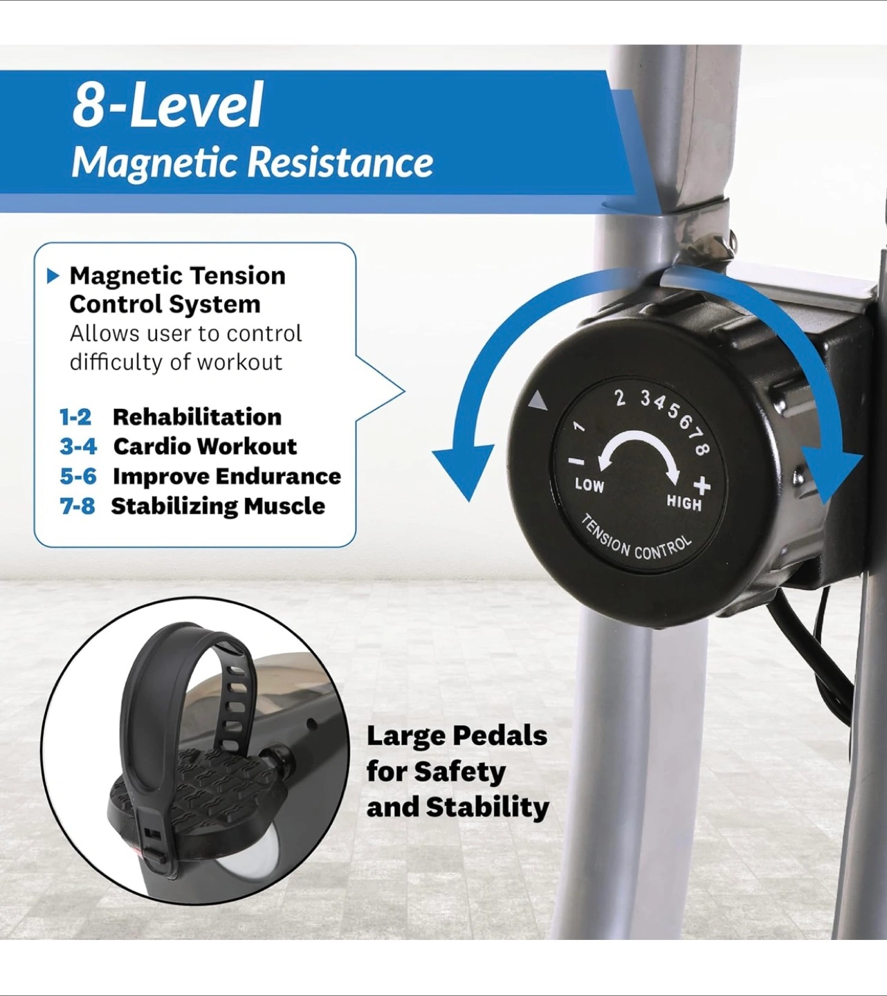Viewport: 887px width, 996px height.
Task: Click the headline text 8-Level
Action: [167, 104]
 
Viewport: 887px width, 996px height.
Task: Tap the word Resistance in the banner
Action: [340, 163]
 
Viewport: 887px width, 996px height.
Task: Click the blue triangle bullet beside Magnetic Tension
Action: [53, 276]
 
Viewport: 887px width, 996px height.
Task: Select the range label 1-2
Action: [75, 417]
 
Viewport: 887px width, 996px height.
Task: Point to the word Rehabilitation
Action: [197, 417]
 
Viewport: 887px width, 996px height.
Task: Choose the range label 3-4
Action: [78, 446]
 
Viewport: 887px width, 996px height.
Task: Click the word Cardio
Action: [153, 446]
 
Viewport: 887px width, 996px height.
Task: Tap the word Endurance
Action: [278, 477]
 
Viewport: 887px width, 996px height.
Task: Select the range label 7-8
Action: [77, 506]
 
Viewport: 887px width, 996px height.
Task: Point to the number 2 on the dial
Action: [619, 398]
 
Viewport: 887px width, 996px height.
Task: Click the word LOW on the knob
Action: [589, 486]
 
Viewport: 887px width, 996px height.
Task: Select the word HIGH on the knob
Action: [684, 502]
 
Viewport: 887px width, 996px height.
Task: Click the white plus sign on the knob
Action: [702, 486]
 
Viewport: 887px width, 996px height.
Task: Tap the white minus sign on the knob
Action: [576, 461]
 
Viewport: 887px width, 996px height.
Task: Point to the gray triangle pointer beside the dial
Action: [538, 400]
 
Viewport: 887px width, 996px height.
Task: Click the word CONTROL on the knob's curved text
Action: [662, 548]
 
